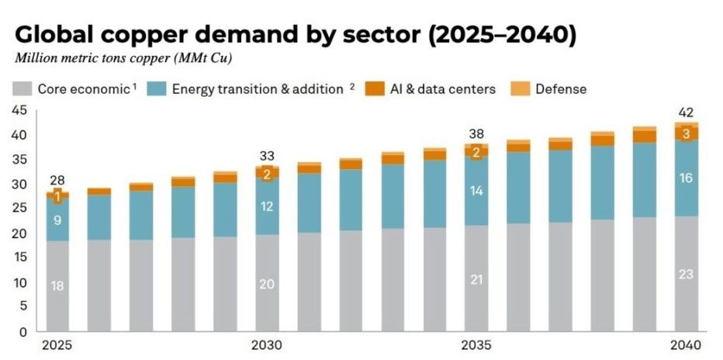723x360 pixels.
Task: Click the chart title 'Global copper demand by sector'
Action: tap(296, 36)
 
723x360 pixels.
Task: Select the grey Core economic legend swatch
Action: tap(21, 88)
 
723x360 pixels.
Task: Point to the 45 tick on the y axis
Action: tap(19, 110)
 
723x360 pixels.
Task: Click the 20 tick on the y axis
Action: tap(19, 234)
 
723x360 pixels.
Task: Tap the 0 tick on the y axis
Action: tap(22, 332)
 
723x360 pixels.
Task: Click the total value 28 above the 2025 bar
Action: tap(56, 181)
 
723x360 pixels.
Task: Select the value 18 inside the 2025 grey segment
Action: tap(57, 286)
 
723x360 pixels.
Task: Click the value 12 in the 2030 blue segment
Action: tap(266, 206)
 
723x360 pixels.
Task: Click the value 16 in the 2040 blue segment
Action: tap(686, 178)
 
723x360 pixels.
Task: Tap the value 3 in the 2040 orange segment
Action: tap(686, 133)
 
